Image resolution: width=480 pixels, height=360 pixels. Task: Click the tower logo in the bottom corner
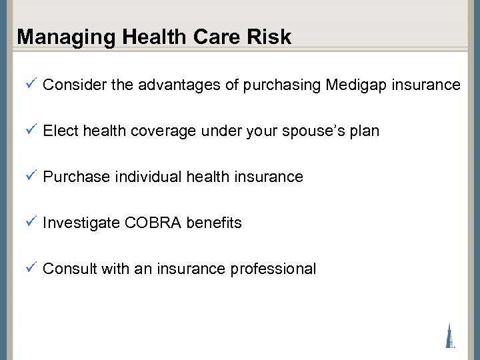(450, 335)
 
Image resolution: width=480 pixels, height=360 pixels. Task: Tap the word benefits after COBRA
(214, 223)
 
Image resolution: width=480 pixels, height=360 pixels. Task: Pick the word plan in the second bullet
(364, 131)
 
